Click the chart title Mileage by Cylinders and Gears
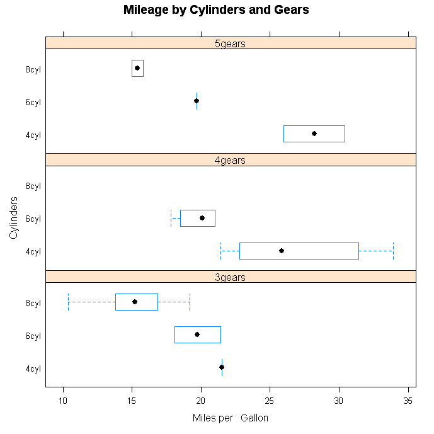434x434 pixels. point(216,10)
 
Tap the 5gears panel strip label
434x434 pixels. point(230,43)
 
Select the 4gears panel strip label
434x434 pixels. point(230,160)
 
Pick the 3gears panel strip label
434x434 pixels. point(230,277)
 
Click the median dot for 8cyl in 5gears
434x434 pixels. point(137,68)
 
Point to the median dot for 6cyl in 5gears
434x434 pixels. point(197,101)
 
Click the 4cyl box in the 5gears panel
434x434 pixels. point(314,134)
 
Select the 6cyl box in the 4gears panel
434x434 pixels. point(198,218)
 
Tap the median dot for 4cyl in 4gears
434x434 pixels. point(282,251)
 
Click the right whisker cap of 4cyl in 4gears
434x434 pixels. point(393,251)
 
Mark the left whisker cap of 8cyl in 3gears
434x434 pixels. point(68,302)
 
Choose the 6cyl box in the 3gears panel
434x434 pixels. point(198,334)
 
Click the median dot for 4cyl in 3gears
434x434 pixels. point(222,367)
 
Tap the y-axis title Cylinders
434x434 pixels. point(13,217)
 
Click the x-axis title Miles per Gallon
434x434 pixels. point(230,418)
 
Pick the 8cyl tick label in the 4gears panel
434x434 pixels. point(33,186)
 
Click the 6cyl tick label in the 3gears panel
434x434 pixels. point(33,336)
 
